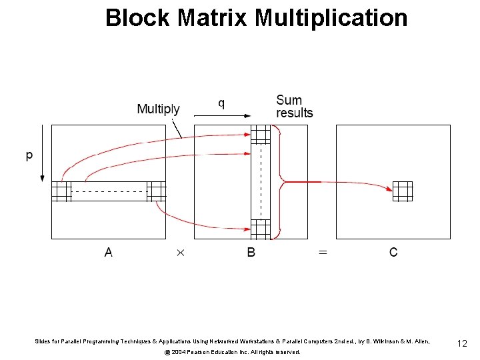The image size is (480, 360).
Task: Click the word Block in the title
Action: [x=139, y=18]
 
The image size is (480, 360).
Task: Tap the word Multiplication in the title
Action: [x=331, y=18]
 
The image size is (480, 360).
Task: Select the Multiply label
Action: [x=158, y=109]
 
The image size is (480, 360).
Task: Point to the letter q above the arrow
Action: [x=221, y=103]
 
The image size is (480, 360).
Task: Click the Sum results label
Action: [x=294, y=107]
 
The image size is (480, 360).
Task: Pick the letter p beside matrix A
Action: [x=29, y=156]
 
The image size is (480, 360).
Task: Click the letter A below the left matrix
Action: [x=108, y=252]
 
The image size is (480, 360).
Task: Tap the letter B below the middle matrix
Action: [x=251, y=252]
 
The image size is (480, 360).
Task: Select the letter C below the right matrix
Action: [x=393, y=252]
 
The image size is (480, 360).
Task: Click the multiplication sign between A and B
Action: [x=179, y=253]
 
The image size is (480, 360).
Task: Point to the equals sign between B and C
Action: [x=322, y=253]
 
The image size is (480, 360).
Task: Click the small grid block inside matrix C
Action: [x=403, y=191]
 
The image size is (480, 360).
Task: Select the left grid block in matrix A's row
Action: [x=61, y=191]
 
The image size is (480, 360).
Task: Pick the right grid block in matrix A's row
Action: [x=156, y=191]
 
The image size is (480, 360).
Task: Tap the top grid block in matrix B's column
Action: [x=261, y=134]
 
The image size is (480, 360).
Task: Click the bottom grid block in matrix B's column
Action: [x=261, y=229]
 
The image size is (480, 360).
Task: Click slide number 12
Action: [x=462, y=343]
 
